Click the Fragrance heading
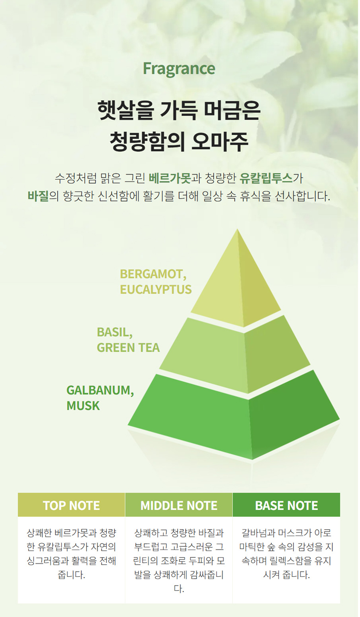point(179,69)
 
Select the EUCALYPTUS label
point(156,290)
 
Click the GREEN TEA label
point(128,348)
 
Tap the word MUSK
point(83,406)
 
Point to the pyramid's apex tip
point(238,229)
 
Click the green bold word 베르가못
point(169,178)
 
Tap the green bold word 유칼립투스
point(266,178)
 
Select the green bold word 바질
point(38,196)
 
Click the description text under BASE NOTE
point(286,554)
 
